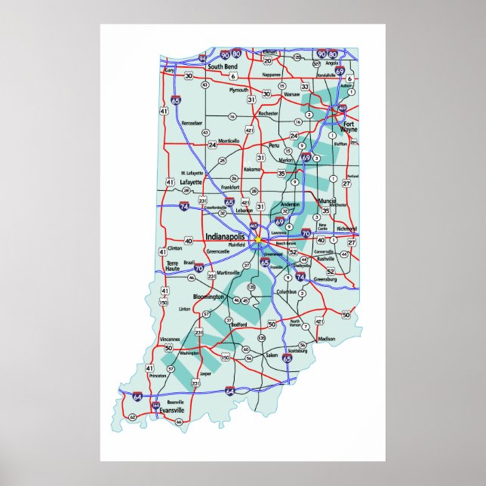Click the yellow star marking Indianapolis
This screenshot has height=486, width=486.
(x=257, y=240)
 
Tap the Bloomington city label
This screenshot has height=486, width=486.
(x=208, y=297)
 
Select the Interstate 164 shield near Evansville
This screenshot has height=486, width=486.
(x=156, y=405)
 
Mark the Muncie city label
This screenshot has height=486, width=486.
(x=327, y=201)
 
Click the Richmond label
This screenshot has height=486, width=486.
(x=346, y=228)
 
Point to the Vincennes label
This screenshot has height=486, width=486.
(x=171, y=340)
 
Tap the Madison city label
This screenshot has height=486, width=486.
(x=327, y=339)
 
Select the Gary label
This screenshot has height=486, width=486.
(x=169, y=69)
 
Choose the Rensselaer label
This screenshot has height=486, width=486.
(x=192, y=122)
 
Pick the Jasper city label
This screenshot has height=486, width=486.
(x=205, y=373)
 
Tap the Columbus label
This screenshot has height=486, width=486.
(x=286, y=291)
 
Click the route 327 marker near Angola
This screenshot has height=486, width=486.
(x=316, y=64)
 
